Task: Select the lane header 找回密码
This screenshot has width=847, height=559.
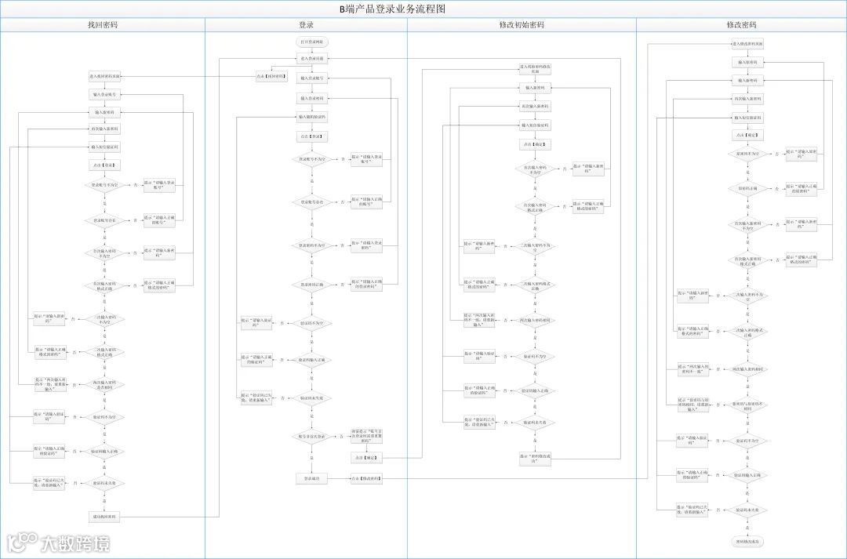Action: click(103, 25)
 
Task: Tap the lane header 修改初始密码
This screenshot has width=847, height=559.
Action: click(522, 25)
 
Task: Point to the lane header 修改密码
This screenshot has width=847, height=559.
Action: click(741, 25)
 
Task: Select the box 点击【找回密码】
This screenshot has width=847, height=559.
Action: click(271, 76)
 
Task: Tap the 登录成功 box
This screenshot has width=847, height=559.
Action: click(312, 478)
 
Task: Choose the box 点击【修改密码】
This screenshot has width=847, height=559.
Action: click(366, 478)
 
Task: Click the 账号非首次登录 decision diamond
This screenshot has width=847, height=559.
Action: click(312, 437)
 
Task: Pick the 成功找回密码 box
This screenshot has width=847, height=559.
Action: click(104, 517)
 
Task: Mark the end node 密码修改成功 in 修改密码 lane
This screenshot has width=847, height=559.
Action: click(747, 542)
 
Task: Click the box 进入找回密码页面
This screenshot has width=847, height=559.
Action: click(104, 76)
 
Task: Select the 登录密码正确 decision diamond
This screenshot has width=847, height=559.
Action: click(312, 284)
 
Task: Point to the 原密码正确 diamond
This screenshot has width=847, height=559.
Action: click(747, 188)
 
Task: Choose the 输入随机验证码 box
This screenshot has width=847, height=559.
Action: click(312, 117)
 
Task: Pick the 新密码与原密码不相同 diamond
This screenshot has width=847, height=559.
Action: click(747, 405)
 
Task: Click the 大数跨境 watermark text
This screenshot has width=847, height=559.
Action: click(75, 543)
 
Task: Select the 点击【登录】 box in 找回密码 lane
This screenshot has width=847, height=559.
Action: click(104, 165)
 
